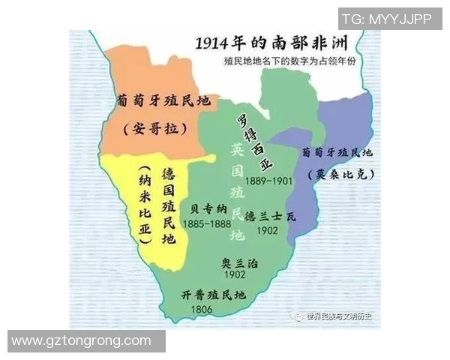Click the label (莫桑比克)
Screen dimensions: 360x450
pos(341,174)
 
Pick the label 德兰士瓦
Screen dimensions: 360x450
pos(271,216)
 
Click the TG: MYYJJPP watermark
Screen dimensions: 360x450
pos(386,19)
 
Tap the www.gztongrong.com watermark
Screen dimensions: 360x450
pos(82,340)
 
